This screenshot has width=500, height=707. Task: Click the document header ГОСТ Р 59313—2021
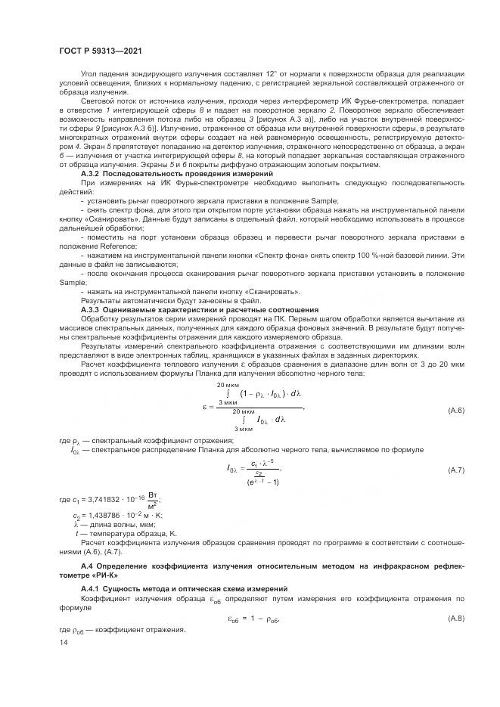point(101,51)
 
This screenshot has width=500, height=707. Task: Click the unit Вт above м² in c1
point(152,495)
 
